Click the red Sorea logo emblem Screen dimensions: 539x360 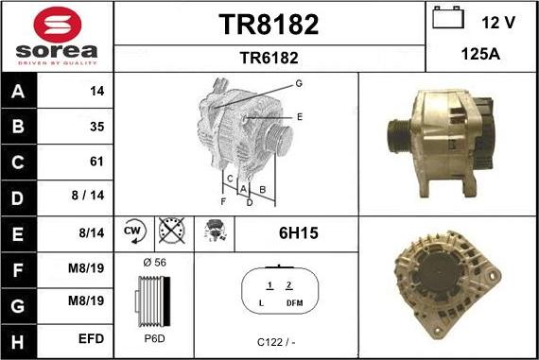click(58, 25)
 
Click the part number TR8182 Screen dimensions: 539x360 click(269, 25)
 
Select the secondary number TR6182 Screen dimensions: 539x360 click(269, 58)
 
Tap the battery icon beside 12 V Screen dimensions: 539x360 click(448, 18)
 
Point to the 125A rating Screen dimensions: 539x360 click(480, 54)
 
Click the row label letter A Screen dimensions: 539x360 click(18, 92)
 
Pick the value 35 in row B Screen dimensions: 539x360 click(97, 127)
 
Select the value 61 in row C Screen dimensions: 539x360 click(96, 162)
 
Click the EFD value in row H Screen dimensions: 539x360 click(91, 338)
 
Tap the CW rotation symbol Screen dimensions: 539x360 click(134, 231)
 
